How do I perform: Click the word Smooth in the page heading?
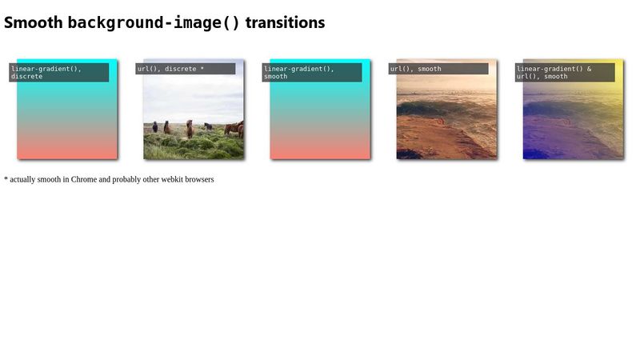tap(33, 22)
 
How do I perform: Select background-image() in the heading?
tap(154, 23)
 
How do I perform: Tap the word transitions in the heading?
tap(285, 22)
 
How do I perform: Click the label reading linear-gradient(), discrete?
tap(58, 72)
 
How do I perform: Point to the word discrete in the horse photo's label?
tap(181, 69)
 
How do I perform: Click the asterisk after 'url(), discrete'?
tap(202, 68)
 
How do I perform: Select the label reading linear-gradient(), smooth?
tap(312, 72)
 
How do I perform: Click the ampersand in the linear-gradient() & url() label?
tap(589, 69)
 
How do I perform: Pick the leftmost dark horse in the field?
tap(155, 127)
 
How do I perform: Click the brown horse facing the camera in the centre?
tap(190, 129)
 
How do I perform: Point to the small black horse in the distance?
tap(208, 126)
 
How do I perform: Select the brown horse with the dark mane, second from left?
tap(167, 127)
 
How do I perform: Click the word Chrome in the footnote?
tap(84, 179)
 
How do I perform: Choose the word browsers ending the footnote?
tap(199, 179)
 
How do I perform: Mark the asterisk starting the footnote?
tap(6, 178)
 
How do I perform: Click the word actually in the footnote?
tap(23, 179)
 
